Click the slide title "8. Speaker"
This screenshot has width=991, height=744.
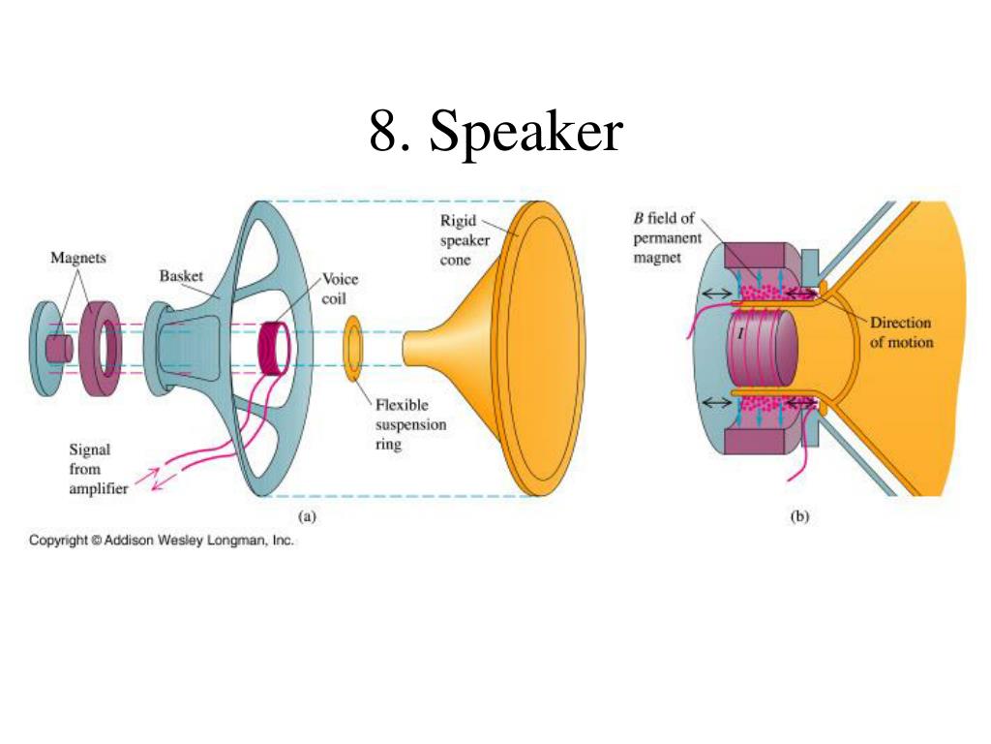pyautogui.click(x=495, y=131)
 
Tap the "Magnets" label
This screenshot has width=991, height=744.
pyautogui.click(x=78, y=259)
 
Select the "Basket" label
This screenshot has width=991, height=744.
pyautogui.click(x=181, y=276)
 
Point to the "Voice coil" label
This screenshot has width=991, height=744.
pyautogui.click(x=340, y=289)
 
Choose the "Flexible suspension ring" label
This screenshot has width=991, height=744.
pyautogui.click(x=402, y=425)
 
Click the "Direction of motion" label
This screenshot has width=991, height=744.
pyautogui.click(x=901, y=332)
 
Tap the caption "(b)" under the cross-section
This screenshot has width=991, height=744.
pyautogui.click(x=799, y=517)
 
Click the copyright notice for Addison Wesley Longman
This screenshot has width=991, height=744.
pyautogui.click(x=161, y=541)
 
